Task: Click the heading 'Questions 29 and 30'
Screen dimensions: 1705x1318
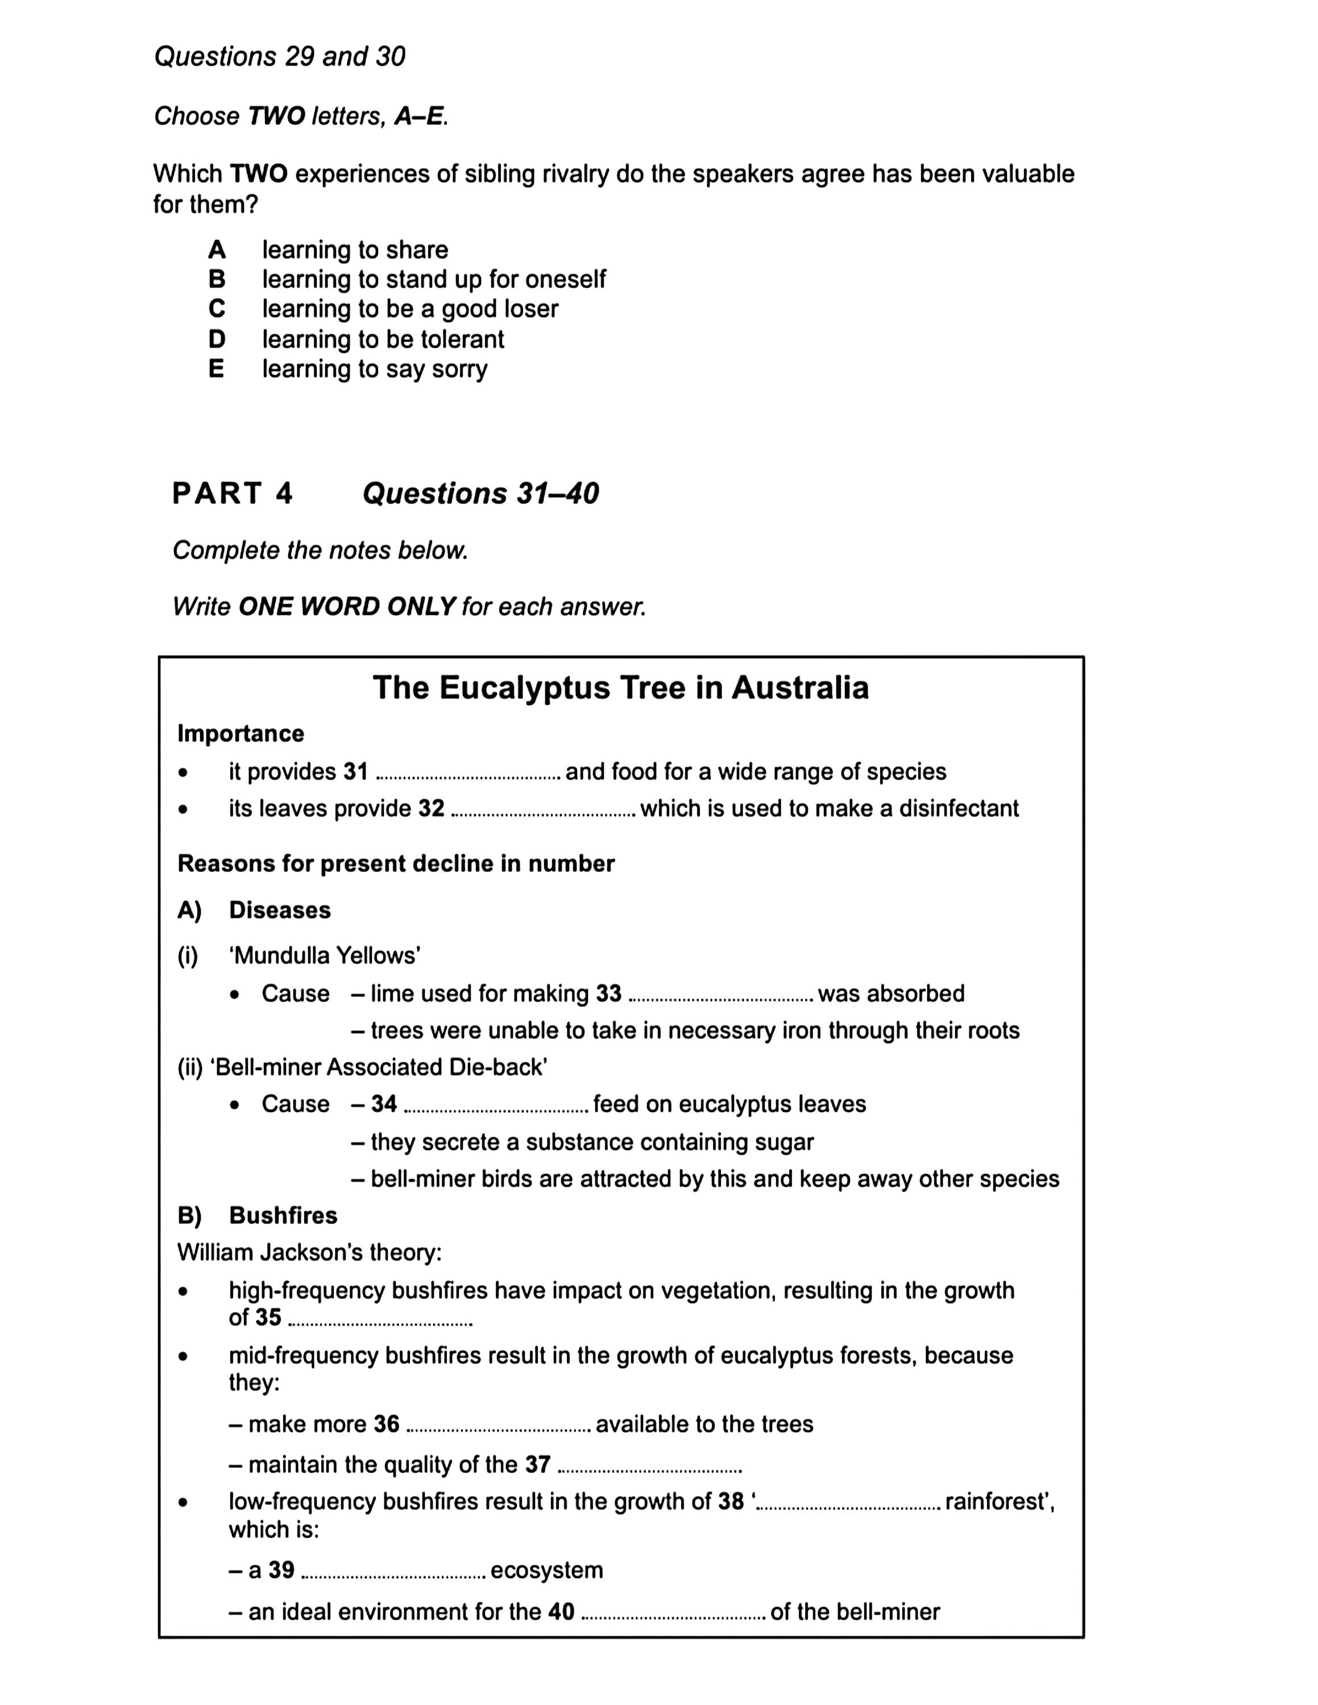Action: [x=280, y=56]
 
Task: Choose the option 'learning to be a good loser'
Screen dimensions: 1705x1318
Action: [x=410, y=309]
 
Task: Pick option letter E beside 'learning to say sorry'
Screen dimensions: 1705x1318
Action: [x=216, y=368]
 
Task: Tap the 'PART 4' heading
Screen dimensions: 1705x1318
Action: [x=232, y=493]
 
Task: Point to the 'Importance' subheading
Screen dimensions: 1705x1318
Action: [x=241, y=733]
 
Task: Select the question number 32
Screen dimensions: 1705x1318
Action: [x=431, y=808]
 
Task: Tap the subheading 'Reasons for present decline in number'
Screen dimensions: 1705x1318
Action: [x=396, y=863]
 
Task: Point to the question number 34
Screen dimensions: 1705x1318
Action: [x=383, y=1104]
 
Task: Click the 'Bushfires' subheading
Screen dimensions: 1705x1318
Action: [x=283, y=1216]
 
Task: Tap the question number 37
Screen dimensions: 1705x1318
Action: [x=537, y=1465]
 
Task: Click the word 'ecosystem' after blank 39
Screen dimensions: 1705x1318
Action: [x=546, y=1570]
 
